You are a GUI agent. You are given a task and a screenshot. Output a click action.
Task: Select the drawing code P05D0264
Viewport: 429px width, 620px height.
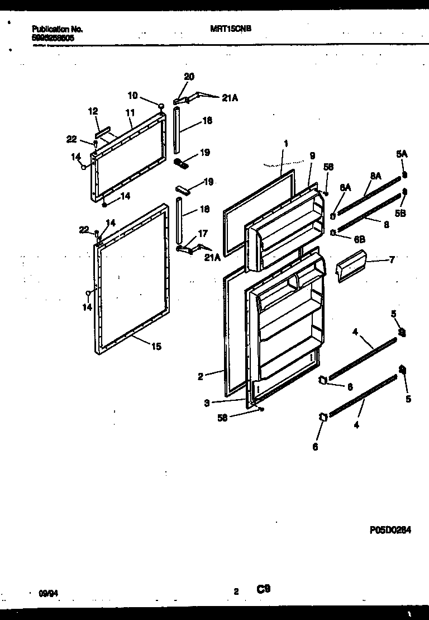[x=390, y=529]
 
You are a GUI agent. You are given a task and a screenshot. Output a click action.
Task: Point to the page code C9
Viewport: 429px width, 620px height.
[x=264, y=589]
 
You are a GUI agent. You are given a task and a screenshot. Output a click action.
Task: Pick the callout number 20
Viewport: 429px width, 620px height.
[x=189, y=77]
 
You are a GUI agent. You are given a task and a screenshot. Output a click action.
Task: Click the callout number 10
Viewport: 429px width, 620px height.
[x=132, y=94]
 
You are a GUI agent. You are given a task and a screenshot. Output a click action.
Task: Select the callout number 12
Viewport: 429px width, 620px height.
[x=93, y=112]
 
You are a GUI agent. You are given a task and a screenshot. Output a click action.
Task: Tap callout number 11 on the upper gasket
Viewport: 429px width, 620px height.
[x=130, y=112]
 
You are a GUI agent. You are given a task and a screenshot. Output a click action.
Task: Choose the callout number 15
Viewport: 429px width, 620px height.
[x=156, y=347]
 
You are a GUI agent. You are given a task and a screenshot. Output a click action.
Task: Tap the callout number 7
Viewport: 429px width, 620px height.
[x=392, y=260]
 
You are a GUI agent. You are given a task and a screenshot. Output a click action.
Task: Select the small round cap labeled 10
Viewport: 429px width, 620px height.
[x=161, y=106]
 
